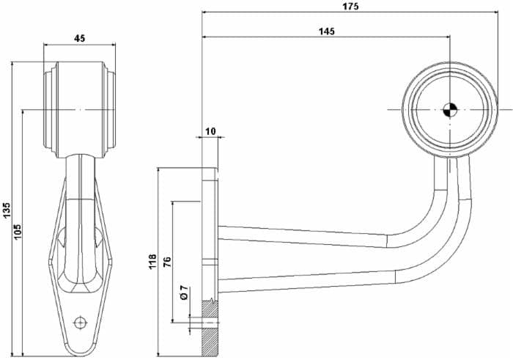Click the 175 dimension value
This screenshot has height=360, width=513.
coord(350,6)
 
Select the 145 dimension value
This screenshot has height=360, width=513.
coord(327,31)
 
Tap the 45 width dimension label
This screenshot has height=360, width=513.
coord(79,38)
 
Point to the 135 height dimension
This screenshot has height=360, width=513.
coord(7,210)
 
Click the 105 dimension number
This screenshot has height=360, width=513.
coord(18,232)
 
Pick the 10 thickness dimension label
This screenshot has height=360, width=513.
coord(211,131)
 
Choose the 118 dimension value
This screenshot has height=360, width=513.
coord(152,262)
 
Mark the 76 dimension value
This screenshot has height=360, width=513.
coord(167,262)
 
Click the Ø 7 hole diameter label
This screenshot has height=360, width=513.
coord(184,293)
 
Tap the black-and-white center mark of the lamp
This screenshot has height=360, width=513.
coord(450,110)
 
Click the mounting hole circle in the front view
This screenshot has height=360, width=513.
coord(80,323)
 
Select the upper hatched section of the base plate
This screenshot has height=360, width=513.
coord(210,309)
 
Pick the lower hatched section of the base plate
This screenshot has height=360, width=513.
coord(210,342)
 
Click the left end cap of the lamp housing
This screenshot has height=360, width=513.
coord(51,110)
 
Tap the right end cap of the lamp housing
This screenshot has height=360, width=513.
coord(110,110)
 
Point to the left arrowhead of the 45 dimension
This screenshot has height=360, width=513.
coord(46,45)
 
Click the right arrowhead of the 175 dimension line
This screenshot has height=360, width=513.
coord(495,12)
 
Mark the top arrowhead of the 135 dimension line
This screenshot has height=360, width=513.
coord(12,65)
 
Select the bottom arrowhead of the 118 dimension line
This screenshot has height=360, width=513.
coord(158,353)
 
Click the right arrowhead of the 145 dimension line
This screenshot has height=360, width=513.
coord(448,37)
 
